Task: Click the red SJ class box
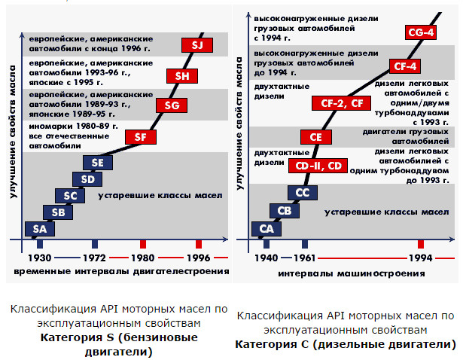click(197, 45)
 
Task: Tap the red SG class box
click(171, 105)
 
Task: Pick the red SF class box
click(140, 137)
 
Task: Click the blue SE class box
click(97, 163)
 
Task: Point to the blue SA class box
click(39, 228)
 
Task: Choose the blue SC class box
click(69, 196)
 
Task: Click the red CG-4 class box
click(419, 32)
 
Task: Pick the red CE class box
click(315, 137)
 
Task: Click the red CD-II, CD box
click(318, 165)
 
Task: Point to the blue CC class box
click(302, 194)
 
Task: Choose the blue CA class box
click(267, 228)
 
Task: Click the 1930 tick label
click(38, 257)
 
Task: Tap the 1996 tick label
click(198, 257)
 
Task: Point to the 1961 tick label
click(305, 257)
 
